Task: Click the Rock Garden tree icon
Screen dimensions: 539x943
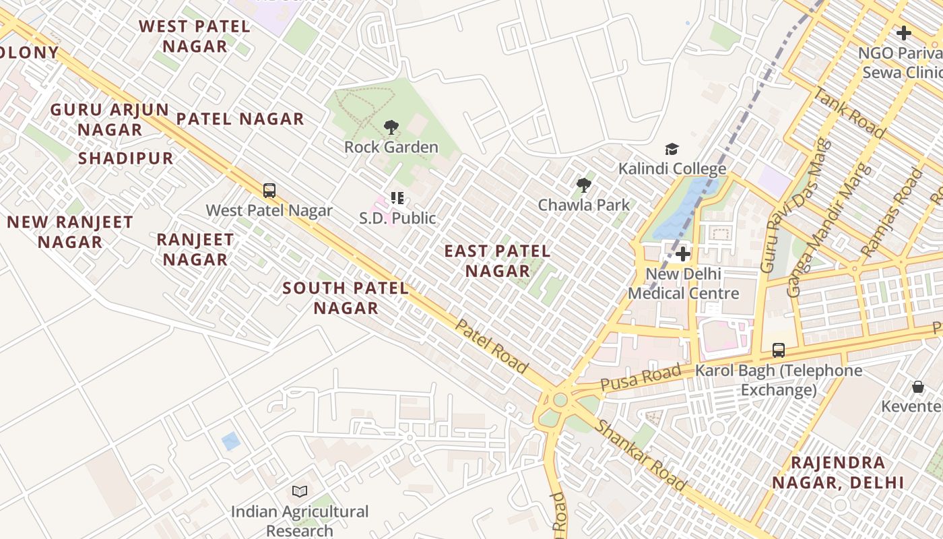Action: coord(391,127)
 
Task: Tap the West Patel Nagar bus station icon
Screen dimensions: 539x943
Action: coord(269,191)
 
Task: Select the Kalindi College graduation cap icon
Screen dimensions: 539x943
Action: coord(672,149)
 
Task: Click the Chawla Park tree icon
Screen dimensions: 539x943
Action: coord(583,185)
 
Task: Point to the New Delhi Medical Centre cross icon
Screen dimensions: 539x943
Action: coord(683,254)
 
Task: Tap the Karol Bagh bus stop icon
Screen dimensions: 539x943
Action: coord(779,350)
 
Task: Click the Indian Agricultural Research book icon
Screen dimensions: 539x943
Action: coord(300,492)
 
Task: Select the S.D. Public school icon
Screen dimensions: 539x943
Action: coord(397,198)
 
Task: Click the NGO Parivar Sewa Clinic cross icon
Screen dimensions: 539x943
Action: coord(903,32)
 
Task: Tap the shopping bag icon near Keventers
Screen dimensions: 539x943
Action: coord(917,387)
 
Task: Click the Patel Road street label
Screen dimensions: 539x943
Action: coord(492,346)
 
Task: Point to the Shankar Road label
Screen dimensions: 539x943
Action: coord(641,456)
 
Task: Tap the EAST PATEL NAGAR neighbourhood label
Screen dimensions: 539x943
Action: coord(497,261)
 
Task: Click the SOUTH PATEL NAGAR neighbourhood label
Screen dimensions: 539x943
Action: coord(346,298)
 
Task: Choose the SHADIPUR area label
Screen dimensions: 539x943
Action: coord(126,158)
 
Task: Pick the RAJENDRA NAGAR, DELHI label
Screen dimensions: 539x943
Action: coord(838,472)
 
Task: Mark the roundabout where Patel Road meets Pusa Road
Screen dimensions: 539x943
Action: coord(560,400)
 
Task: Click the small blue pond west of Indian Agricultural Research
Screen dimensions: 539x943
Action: coord(231,441)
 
